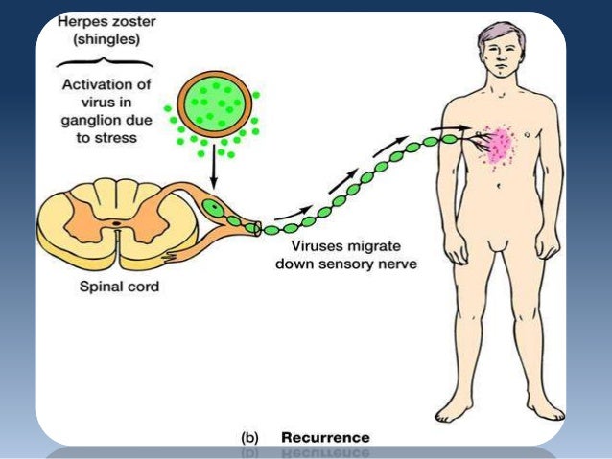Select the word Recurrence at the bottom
tap(324, 437)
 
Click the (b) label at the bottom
tap(247, 437)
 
